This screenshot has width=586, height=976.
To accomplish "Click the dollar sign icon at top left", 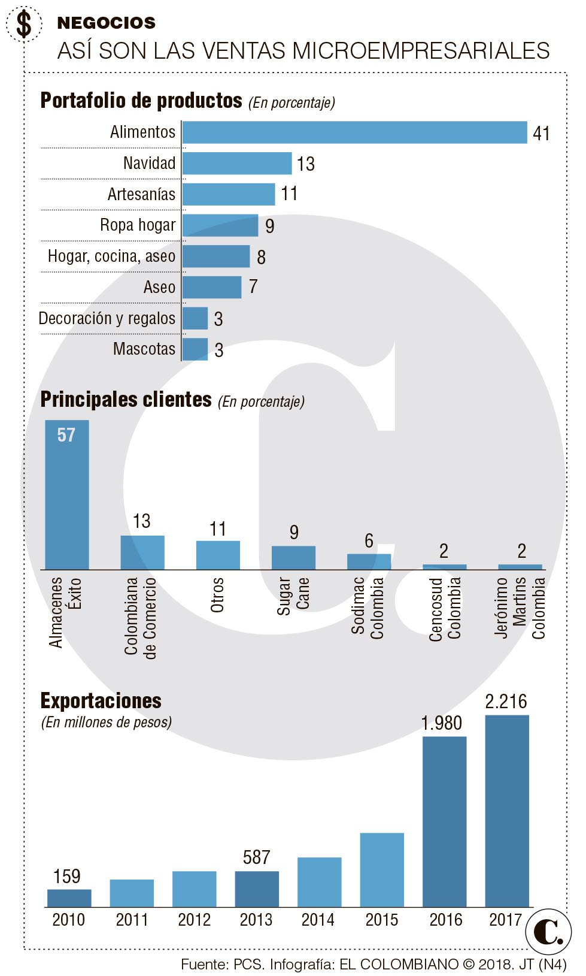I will [24, 25].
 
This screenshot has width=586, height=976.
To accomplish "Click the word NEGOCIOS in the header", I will [106, 23].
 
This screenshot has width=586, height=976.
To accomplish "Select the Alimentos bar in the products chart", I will [354, 132].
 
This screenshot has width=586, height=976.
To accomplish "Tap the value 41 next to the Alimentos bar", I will [541, 133].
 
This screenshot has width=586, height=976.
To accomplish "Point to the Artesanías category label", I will [141, 194].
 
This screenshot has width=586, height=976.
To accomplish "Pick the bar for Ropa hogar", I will [220, 226].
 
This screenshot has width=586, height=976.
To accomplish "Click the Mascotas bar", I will [195, 349].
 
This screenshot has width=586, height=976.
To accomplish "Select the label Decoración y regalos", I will [107, 318].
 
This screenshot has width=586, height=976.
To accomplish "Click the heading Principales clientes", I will [126, 400].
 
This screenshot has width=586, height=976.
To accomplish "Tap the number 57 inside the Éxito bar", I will [66, 435].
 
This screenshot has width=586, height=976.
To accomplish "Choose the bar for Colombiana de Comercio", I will [142, 552].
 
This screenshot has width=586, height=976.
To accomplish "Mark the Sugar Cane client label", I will [293, 596].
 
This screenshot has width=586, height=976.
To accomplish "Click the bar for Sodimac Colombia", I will [369, 561].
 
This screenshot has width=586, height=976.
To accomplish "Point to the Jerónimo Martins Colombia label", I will [520, 608].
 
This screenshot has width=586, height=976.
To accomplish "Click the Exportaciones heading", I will [101, 700].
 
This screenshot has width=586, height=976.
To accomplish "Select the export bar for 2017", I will [506, 811].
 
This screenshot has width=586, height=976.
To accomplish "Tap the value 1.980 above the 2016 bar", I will [441, 723].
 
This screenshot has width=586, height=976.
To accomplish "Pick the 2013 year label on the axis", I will [256, 920].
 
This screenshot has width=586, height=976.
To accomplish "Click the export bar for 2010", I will [69, 898].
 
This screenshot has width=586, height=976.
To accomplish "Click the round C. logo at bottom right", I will [548, 932].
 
